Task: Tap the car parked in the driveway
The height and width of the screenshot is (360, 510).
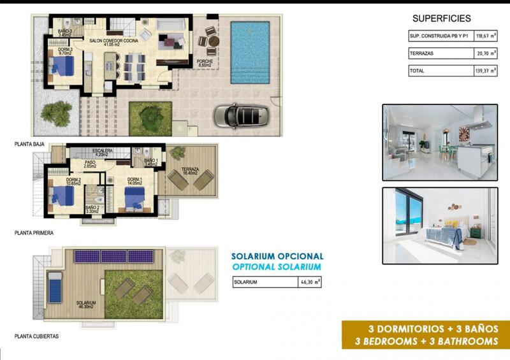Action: click(241, 116)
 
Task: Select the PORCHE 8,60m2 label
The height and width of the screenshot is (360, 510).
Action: click(205, 63)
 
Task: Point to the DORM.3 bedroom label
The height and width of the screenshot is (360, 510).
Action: click(66, 52)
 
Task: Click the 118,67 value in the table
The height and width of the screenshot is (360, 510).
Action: click(483, 37)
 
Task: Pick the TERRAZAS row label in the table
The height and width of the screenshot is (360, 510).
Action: click(421, 54)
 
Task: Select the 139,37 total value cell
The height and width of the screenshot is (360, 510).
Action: click(483, 71)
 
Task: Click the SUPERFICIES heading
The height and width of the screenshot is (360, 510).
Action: click(442, 18)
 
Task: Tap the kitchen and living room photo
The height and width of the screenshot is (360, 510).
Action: click(439, 142)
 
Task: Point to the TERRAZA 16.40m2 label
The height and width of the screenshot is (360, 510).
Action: click(190, 171)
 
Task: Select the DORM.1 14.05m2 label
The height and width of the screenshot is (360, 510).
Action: click(138, 181)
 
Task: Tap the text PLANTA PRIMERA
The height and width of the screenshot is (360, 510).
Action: click(34, 233)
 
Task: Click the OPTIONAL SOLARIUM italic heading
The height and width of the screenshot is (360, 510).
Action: click(277, 267)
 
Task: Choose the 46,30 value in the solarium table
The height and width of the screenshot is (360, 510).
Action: click(309, 282)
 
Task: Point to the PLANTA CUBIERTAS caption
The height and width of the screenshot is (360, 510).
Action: click(36, 336)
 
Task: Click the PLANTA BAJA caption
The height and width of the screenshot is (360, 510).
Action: click(30, 145)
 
